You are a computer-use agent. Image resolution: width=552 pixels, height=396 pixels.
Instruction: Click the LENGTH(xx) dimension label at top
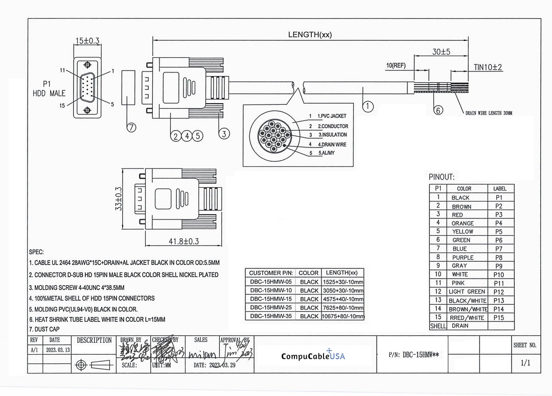pyautogui.click(x=310, y=35)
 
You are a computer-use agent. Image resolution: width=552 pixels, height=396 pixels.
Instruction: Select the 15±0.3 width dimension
pyautogui.click(x=88, y=41)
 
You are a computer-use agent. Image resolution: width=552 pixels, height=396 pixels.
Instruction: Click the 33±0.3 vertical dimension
pyautogui.click(x=119, y=199)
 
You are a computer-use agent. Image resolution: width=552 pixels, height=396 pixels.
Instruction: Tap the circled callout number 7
pyautogui.click(x=131, y=128)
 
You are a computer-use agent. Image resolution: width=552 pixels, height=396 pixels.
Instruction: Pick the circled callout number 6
pyautogui.click(x=438, y=110)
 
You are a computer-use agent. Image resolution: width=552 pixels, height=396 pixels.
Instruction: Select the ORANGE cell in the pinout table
pyautogui.click(x=462, y=223)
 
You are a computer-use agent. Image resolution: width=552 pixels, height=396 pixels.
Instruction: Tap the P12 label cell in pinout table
pyautogui.click(x=499, y=292)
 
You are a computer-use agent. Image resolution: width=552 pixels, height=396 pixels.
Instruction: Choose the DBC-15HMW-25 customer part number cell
pyautogui.click(x=270, y=308)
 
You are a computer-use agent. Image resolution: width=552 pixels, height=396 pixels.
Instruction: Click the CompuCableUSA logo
pyautogui.click(x=313, y=356)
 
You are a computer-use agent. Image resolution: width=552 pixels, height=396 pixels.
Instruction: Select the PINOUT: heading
pyautogui.click(x=442, y=177)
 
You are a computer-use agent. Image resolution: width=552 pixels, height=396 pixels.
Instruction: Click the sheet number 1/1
pyautogui.click(x=524, y=363)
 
